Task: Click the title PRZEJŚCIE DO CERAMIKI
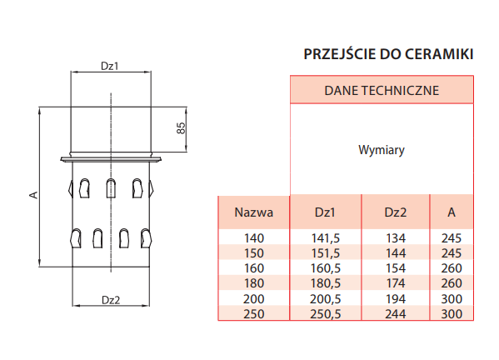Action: tap(388, 54)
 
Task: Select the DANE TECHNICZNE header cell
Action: tap(382, 90)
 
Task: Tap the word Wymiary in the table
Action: tap(382, 150)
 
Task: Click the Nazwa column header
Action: tap(253, 212)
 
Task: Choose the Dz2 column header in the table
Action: tap(395, 212)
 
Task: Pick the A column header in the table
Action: tap(452, 212)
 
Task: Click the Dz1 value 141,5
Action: tap(325, 238)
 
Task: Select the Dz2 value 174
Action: tap(396, 283)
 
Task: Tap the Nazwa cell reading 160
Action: tap(254, 268)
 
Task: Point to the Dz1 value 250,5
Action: tap(325, 314)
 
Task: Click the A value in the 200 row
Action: tap(452, 299)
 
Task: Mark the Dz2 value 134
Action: tap(396, 238)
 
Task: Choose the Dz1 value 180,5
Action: tap(325, 283)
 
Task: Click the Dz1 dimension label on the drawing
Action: tap(109, 66)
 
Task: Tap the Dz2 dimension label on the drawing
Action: tap(111, 300)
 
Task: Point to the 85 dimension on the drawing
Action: tap(181, 128)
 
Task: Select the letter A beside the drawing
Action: tap(33, 195)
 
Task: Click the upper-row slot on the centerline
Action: tap(111, 188)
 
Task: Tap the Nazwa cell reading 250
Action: tap(254, 314)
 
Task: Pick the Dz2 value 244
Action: tap(396, 314)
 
